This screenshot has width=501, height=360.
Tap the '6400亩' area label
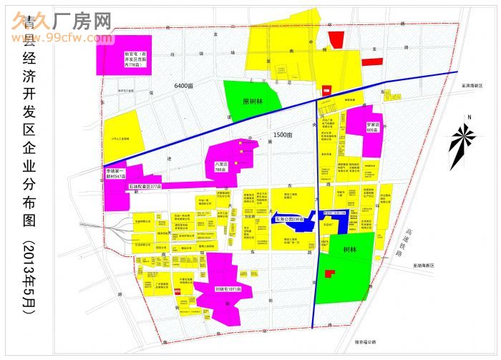(x=184, y=86)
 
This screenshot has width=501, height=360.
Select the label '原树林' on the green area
(x=253, y=102)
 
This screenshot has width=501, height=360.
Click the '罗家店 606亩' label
(x=371, y=127)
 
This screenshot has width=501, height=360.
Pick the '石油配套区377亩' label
(x=145, y=186)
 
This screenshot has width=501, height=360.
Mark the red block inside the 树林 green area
(x=329, y=273)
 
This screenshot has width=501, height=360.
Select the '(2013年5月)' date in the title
(x=29, y=276)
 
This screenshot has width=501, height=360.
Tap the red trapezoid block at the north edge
(x=335, y=40)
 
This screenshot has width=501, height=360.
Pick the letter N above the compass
(x=467, y=117)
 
